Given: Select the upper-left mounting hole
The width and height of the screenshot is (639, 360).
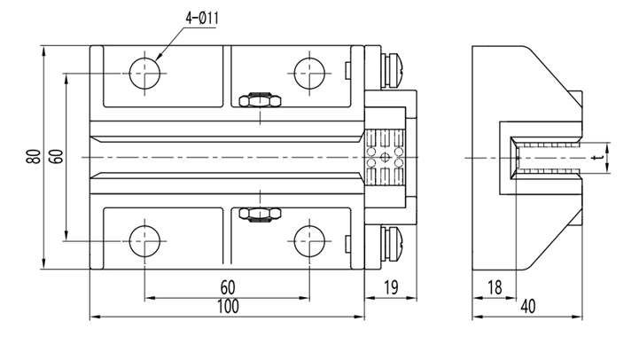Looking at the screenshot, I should click(x=144, y=74).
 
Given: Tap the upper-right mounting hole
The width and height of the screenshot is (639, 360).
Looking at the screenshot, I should click(x=308, y=74).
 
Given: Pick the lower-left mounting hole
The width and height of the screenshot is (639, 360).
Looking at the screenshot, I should click(x=144, y=239).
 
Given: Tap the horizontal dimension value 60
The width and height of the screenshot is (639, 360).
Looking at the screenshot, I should click(x=227, y=286).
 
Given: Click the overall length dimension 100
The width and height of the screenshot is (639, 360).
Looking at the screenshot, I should click(x=227, y=307).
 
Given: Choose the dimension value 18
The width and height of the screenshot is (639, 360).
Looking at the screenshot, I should click(x=495, y=286).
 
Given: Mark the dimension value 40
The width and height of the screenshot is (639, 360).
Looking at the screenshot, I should click(x=527, y=307).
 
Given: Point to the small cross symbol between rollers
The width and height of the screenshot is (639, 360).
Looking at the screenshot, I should click(x=384, y=157).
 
